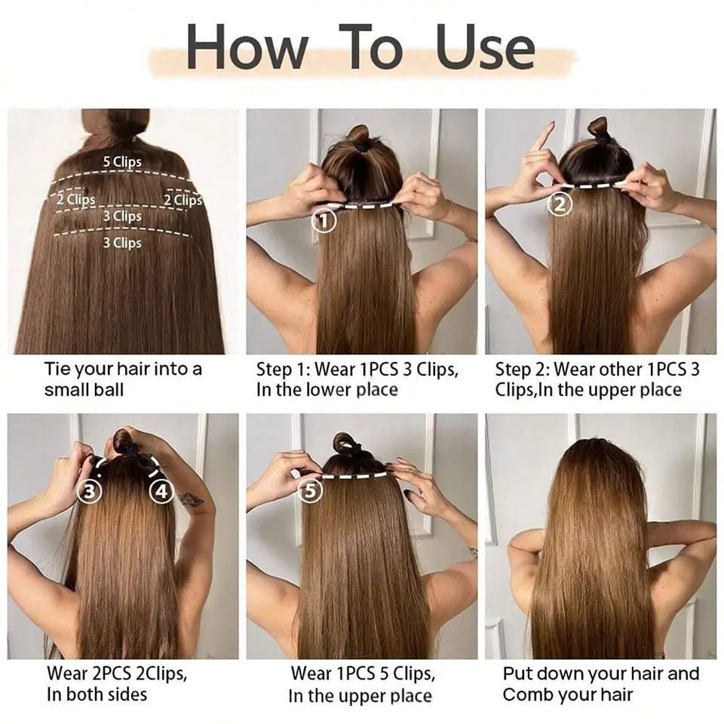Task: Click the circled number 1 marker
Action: click(x=324, y=222)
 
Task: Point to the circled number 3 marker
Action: click(x=90, y=492)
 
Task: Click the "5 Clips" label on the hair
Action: click(x=122, y=161)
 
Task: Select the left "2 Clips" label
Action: click(x=75, y=199)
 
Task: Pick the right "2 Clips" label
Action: click(x=183, y=199)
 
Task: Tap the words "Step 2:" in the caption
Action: click(x=522, y=370)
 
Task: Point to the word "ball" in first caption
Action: click(x=107, y=390)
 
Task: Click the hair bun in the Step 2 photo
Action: click(x=600, y=129)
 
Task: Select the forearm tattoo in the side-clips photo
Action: click(x=192, y=499)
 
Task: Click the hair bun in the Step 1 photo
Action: click(x=358, y=136)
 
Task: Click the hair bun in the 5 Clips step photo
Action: click(x=345, y=443)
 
